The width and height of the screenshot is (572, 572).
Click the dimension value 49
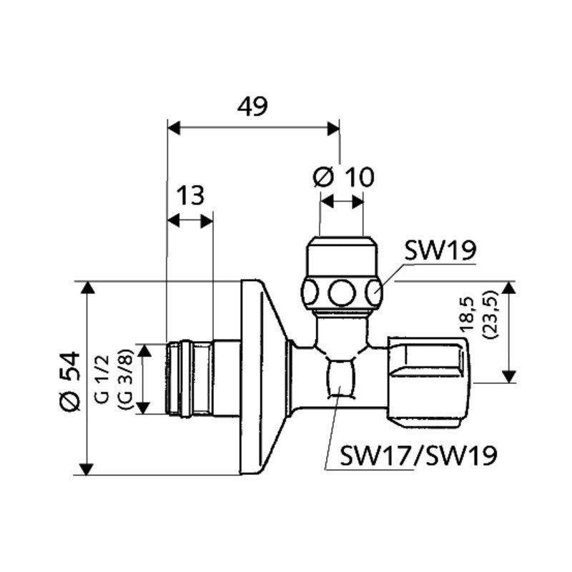(252, 106)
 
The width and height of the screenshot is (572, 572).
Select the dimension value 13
(190, 195)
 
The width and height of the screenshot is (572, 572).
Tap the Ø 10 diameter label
(344, 177)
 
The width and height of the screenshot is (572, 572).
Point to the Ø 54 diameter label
(69, 381)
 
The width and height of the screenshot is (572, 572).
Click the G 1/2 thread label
(102, 379)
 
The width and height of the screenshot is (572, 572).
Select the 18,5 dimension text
(467, 315)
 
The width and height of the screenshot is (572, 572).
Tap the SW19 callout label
(440, 251)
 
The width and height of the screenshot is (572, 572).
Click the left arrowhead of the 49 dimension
(174, 128)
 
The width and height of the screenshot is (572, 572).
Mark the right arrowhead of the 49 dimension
(333, 129)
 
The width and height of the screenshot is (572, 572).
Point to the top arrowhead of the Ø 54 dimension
(87, 288)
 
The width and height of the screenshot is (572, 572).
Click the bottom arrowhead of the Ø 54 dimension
(87, 468)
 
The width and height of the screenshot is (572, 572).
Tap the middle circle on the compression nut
(342, 293)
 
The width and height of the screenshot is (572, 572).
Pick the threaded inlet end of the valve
(189, 379)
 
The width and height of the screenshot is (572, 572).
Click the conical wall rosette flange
(265, 378)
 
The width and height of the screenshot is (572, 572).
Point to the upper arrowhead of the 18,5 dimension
(509, 288)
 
